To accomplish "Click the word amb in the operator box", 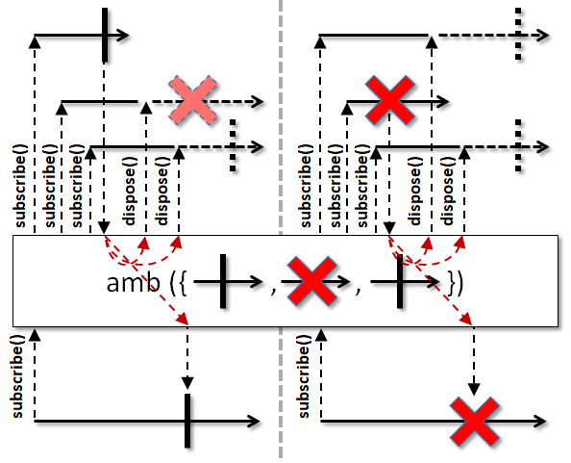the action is coord(133,283).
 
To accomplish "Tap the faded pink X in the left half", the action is coord(193,101).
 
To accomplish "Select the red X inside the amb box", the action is coord(311,281).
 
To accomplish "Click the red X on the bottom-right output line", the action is coord(474,422).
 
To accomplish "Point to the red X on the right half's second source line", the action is coord(389,101).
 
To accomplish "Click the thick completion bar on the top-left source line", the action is coord(105,35).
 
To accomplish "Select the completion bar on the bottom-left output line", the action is coord(187,421).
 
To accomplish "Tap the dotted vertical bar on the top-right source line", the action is coord(518,34).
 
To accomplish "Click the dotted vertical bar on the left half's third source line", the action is coord(233,145).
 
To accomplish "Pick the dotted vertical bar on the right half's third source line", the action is coord(518,145).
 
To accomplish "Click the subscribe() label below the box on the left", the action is coord(18,376).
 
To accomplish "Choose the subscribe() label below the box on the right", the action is coord(304,376).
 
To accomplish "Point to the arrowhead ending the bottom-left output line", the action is coord(254,421).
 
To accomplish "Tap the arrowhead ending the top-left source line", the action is coord(123,36).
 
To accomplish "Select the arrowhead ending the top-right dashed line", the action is coord(542,36).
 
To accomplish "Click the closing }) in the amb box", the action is coord(456,283).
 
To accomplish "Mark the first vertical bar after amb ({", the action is coord(223,281).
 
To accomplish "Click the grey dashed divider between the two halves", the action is coord(281,229).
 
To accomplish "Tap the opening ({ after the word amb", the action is coord(179,283).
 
